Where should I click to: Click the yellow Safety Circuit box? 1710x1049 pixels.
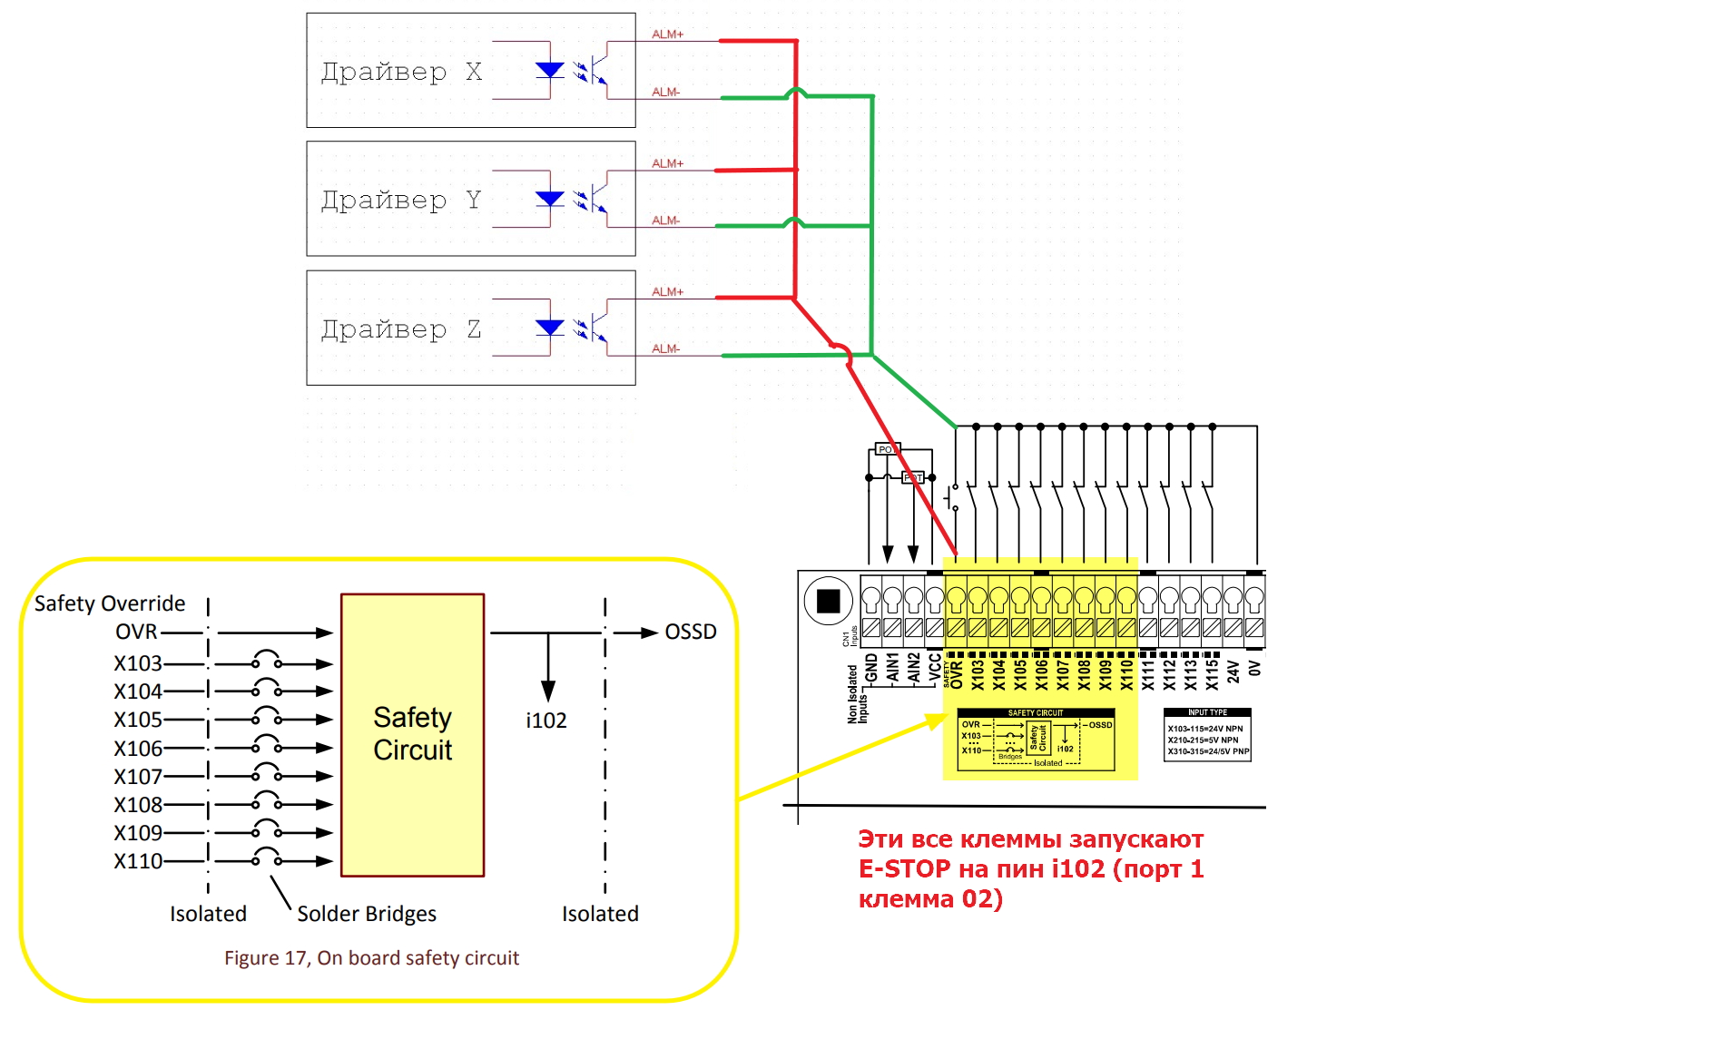click(412, 734)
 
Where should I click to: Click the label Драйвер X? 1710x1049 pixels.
click(401, 72)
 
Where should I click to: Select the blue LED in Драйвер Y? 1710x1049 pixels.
click(549, 199)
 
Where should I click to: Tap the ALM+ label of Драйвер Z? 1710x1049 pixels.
click(667, 291)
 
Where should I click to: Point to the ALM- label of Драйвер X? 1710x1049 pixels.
click(665, 92)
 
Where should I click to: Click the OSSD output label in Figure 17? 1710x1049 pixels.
click(690, 632)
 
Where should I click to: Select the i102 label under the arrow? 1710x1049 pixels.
click(545, 721)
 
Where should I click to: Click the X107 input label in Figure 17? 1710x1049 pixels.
click(138, 777)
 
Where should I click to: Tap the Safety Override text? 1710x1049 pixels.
click(109, 603)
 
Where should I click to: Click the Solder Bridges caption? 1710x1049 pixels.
click(367, 914)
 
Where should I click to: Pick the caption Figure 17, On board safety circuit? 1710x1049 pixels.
click(371, 958)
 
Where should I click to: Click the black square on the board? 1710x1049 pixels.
click(828, 601)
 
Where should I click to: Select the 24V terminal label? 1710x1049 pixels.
click(1233, 672)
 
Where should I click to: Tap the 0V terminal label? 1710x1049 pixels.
click(1254, 669)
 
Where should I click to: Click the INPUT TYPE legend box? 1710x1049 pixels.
click(1207, 734)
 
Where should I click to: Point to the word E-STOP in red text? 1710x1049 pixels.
click(904, 869)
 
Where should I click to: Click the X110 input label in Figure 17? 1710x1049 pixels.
click(138, 861)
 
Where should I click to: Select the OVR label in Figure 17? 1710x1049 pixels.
click(136, 632)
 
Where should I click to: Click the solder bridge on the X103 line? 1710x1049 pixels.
click(266, 660)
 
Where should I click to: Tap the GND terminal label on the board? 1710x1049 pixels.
click(871, 669)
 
